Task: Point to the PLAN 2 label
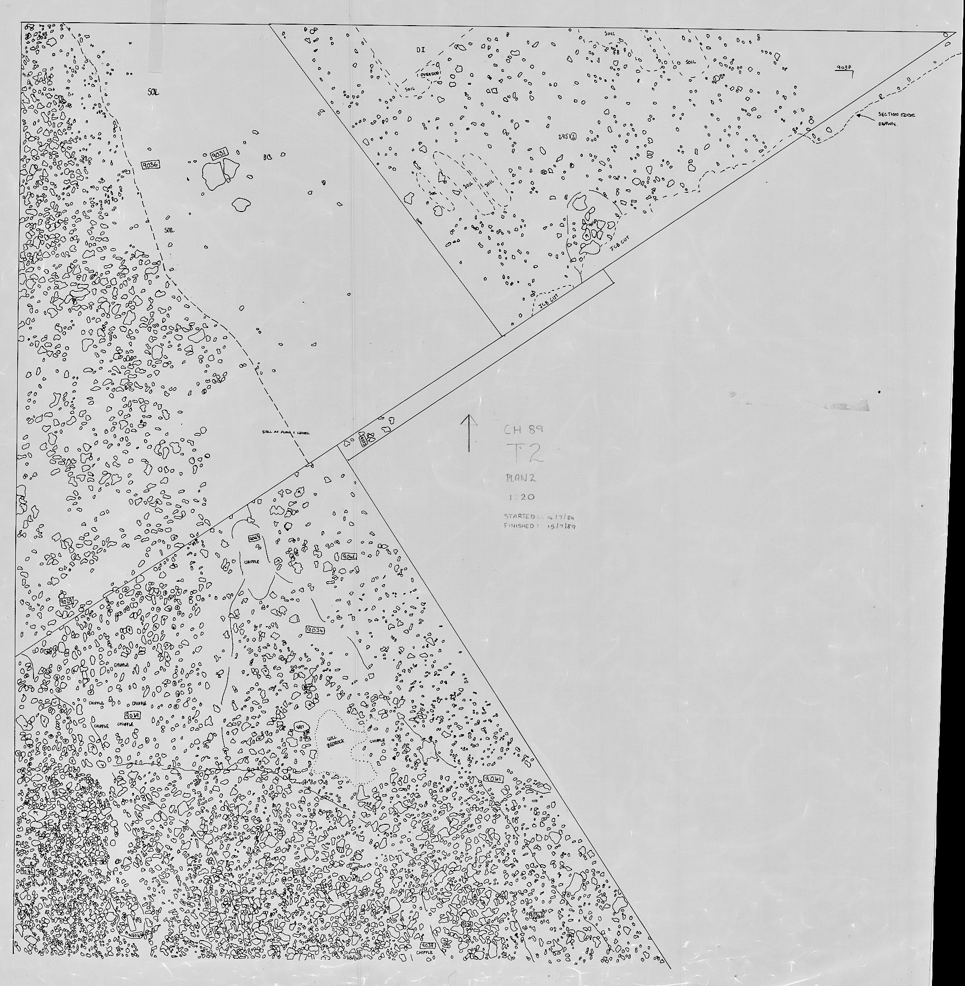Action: [x=521, y=477]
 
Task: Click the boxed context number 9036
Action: [x=150, y=164]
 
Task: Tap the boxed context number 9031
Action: [x=219, y=154]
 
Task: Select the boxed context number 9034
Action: [x=315, y=630]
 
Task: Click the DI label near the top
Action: [x=420, y=50]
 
